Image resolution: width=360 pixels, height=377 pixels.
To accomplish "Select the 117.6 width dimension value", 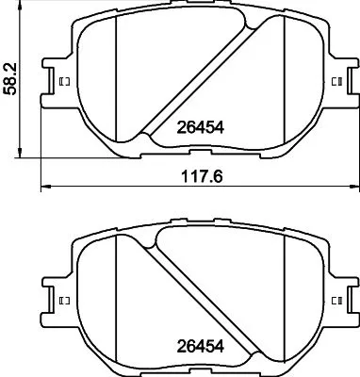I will click(192, 172).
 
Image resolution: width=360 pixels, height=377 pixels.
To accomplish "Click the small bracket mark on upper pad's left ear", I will click(64, 82).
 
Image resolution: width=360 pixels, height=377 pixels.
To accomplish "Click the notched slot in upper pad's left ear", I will click(49, 82).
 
